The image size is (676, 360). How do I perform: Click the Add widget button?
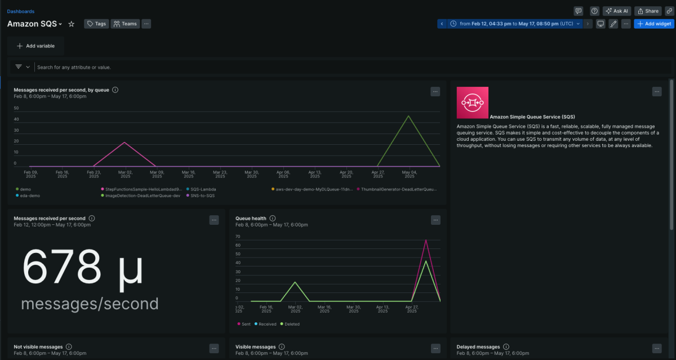pos(653,24)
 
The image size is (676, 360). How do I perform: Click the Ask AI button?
pos(616,11)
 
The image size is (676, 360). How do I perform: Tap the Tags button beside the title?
pos(96,24)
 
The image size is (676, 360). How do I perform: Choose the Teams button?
pos(125,24)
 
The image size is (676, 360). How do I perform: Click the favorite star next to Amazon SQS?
pos(72,24)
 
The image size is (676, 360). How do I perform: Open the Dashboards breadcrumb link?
pos(20,11)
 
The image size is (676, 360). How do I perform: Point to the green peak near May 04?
pos(408,116)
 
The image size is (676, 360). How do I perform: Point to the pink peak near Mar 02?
pos(124,143)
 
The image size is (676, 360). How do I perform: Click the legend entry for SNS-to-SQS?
pos(202,195)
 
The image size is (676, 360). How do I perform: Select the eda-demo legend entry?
pos(30,195)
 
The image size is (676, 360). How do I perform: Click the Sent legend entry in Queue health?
pos(246,324)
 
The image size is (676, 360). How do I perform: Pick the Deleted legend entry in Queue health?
pos(291,324)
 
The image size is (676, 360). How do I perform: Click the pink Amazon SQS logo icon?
pos(472,102)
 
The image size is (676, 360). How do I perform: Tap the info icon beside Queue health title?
pos(272,218)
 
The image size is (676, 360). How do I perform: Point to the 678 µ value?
pos(82,268)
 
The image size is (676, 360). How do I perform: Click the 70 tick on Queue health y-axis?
pos(238,237)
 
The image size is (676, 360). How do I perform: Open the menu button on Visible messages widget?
pos(435,349)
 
